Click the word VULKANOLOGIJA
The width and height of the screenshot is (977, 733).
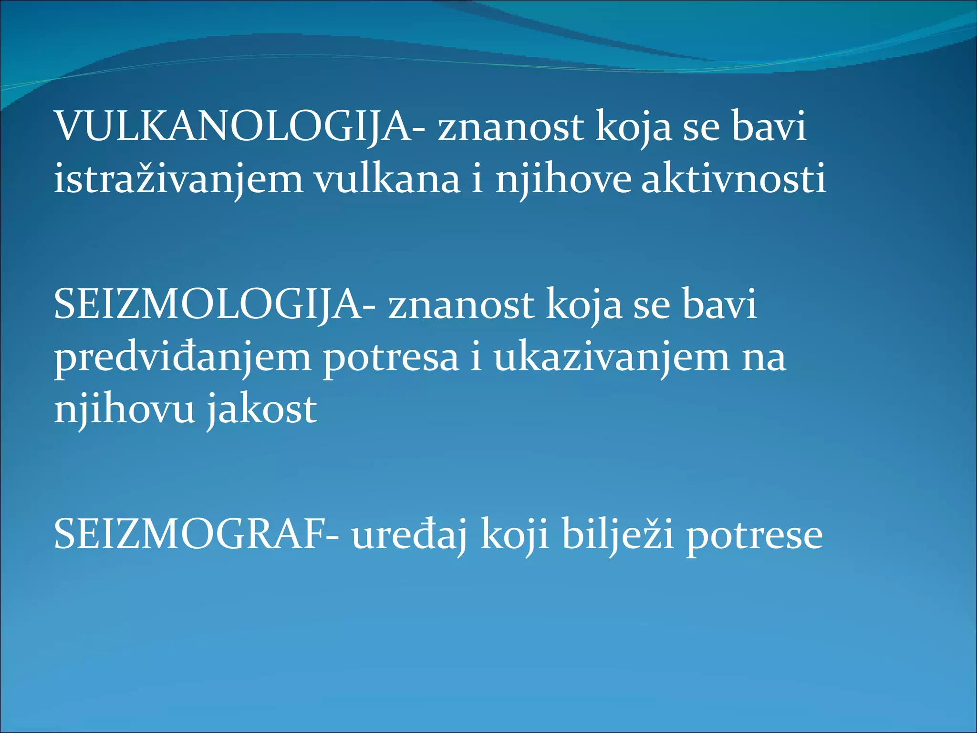(229, 126)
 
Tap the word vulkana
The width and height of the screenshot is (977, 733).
(386, 179)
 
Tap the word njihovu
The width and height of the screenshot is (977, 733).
(124, 409)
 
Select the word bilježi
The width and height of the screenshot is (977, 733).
(618, 534)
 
